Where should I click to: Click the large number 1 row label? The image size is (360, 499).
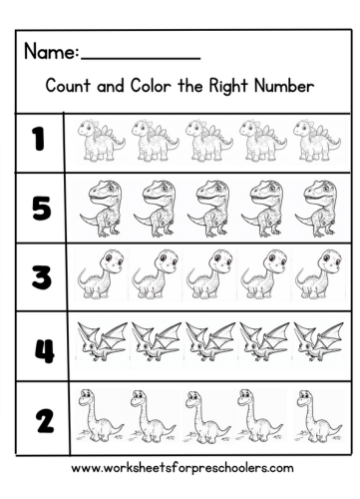tap(39, 140)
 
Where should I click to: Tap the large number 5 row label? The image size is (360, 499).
tap(40, 209)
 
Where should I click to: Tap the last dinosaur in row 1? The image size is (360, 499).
tap(317, 141)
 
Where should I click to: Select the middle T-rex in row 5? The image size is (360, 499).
tap(209, 206)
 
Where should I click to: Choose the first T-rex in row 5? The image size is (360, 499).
tap(102, 206)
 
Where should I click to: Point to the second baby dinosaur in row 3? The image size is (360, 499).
tap(155, 273)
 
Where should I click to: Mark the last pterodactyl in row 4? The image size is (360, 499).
tap(317, 341)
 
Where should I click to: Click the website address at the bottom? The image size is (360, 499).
tap(181, 466)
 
